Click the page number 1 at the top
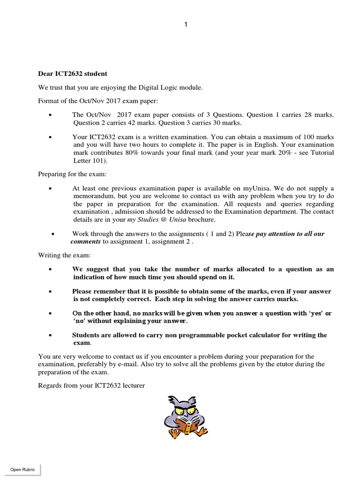click(x=186, y=25)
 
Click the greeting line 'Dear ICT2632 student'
click(x=72, y=74)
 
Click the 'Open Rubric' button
click(x=22, y=469)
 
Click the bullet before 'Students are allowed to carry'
click(x=51, y=336)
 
